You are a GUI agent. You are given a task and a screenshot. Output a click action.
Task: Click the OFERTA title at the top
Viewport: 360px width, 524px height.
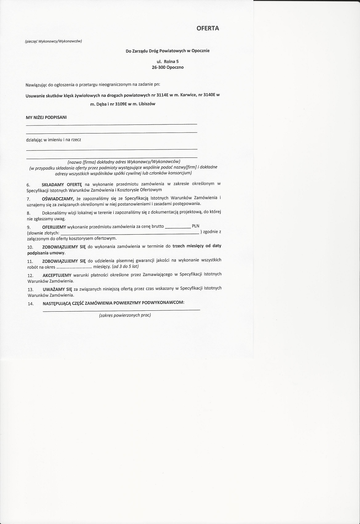[208, 28]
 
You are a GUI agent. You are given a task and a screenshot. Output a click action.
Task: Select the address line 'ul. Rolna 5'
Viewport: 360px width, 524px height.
[168, 62]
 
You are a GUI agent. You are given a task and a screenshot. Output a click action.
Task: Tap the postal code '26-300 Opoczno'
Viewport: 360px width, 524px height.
[168, 68]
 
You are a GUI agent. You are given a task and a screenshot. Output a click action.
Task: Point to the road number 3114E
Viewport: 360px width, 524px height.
[162, 95]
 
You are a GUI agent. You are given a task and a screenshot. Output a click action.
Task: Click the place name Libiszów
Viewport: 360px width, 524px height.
[147, 104]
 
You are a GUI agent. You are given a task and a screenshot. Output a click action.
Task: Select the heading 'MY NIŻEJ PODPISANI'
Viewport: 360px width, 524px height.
[46, 117]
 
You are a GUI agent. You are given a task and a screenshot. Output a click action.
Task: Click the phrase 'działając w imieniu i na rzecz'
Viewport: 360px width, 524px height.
[54, 140]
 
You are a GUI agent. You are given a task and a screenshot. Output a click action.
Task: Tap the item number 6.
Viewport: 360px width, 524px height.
[28, 185]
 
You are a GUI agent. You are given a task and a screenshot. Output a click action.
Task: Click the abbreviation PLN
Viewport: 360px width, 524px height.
[196, 226]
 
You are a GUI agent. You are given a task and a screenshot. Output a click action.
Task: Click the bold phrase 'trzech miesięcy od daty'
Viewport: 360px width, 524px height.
[197, 246]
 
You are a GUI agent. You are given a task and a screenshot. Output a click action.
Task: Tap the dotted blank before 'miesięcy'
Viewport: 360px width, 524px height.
[74, 267]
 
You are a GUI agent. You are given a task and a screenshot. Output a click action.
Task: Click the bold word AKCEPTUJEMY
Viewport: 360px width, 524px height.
[57, 275]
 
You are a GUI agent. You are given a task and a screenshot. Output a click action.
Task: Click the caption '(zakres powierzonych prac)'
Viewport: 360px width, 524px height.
[125, 315]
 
